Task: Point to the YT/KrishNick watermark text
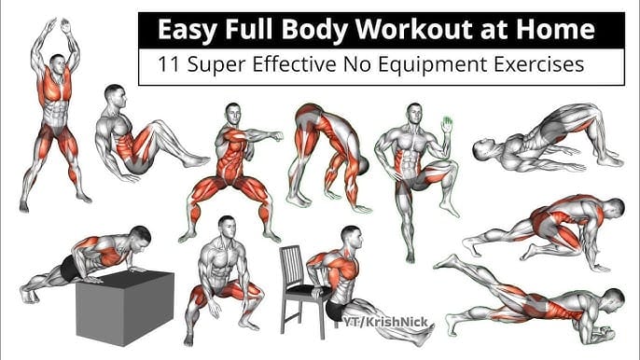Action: (x=385, y=322)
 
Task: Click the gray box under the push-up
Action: (x=125, y=307)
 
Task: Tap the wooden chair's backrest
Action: (x=291, y=266)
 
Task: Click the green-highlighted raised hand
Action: (x=447, y=124)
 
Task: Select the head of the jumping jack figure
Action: (x=58, y=65)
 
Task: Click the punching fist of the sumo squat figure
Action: (x=278, y=136)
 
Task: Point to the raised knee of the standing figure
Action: (x=449, y=167)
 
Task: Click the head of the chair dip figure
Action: (x=352, y=239)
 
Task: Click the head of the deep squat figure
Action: (x=227, y=228)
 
